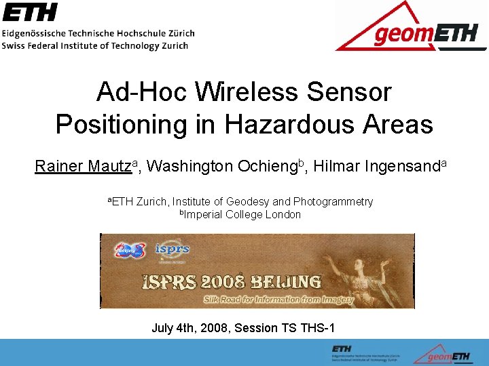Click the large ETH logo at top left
tap(31, 12)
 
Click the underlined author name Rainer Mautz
tap(83, 167)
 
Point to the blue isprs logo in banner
tap(172, 249)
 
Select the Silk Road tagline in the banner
tap(278, 299)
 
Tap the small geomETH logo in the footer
tap(441, 352)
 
